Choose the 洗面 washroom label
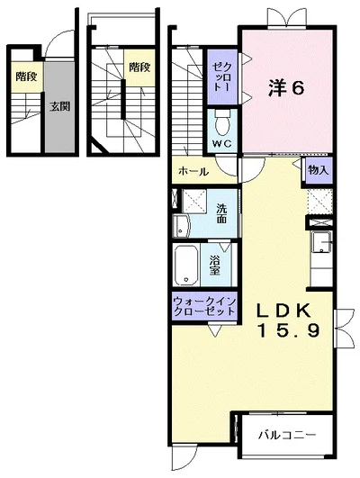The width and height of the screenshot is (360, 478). pos(222,212)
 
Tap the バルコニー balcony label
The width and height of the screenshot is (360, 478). pos(287,436)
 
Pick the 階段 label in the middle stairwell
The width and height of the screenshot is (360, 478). pos(139,67)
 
